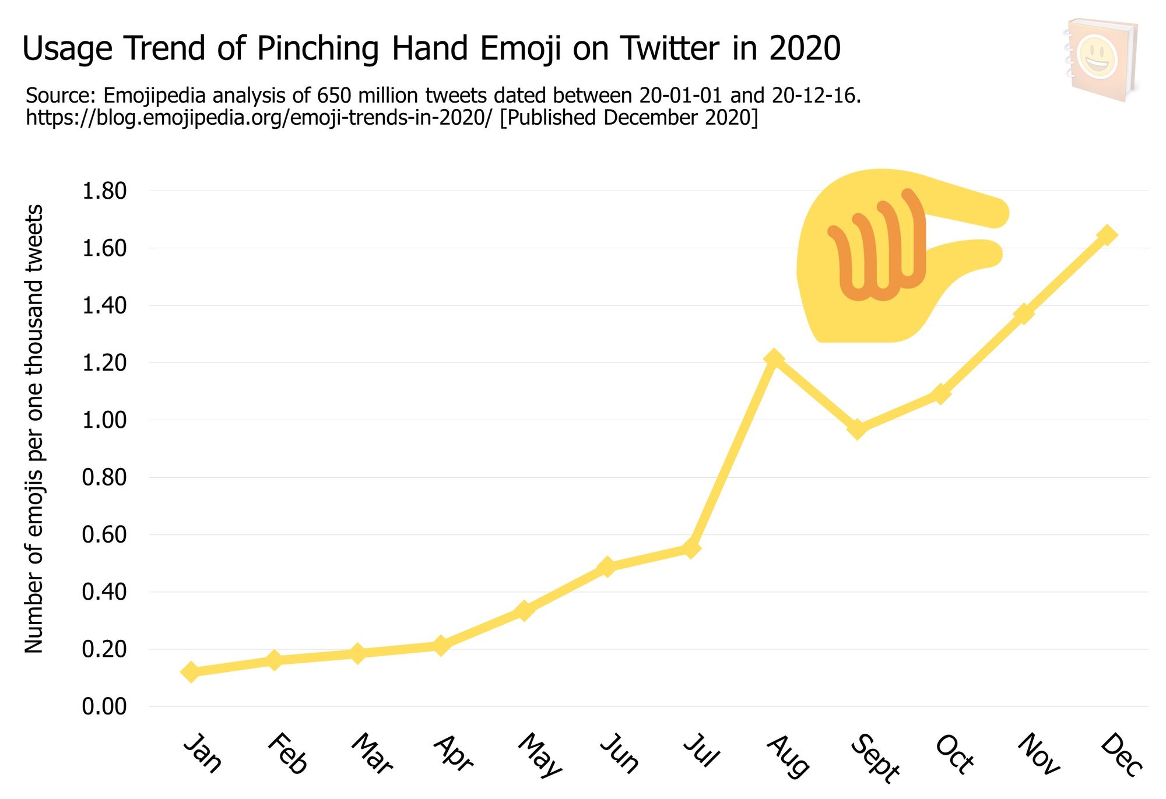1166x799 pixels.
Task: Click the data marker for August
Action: pyautogui.click(x=774, y=358)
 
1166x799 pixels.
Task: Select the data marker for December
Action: pyautogui.click(x=1107, y=235)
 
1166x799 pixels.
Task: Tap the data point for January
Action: pyautogui.click(x=190, y=671)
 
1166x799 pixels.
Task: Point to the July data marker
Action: pyautogui.click(x=690, y=548)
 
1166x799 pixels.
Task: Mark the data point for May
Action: pyautogui.click(x=524, y=611)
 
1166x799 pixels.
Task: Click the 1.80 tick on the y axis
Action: pyautogui.click(x=104, y=191)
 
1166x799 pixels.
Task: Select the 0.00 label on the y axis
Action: pyautogui.click(x=104, y=706)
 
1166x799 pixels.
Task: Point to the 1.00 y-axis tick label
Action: pyautogui.click(x=104, y=420)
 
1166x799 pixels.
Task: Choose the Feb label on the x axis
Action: pyautogui.click(x=287, y=754)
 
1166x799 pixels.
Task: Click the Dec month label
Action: pyautogui.click(x=1121, y=755)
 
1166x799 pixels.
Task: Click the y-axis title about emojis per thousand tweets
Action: pyautogui.click(x=34, y=428)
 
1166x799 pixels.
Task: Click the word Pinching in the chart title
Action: pyautogui.click(x=318, y=48)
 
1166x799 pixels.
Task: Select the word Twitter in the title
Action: pyautogui.click(x=668, y=48)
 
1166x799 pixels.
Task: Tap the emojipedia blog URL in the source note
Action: pyautogui.click(x=259, y=118)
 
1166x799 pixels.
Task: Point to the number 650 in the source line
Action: pyautogui.click(x=334, y=95)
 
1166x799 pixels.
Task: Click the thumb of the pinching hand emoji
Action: pyautogui.click(x=962, y=255)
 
